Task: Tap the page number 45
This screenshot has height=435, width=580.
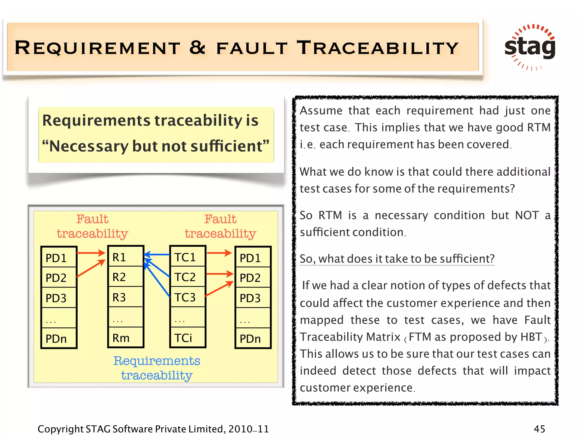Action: tap(539, 429)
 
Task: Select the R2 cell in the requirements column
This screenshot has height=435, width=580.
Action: tap(125, 277)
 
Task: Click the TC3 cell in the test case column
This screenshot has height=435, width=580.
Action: tap(187, 297)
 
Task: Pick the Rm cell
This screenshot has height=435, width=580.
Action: tap(125, 338)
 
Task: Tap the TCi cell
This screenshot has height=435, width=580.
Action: tap(187, 338)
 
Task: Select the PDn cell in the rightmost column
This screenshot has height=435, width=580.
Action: tap(253, 338)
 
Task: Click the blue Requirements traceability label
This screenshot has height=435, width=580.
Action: tap(157, 368)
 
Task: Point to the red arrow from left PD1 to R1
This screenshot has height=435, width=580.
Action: tap(91, 253)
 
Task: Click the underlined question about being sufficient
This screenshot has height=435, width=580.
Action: tap(397, 259)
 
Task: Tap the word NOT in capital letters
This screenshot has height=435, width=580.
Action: tap(527, 215)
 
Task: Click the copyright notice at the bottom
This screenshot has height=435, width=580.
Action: tap(153, 429)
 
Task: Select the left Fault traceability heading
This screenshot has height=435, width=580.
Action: tap(92, 226)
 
